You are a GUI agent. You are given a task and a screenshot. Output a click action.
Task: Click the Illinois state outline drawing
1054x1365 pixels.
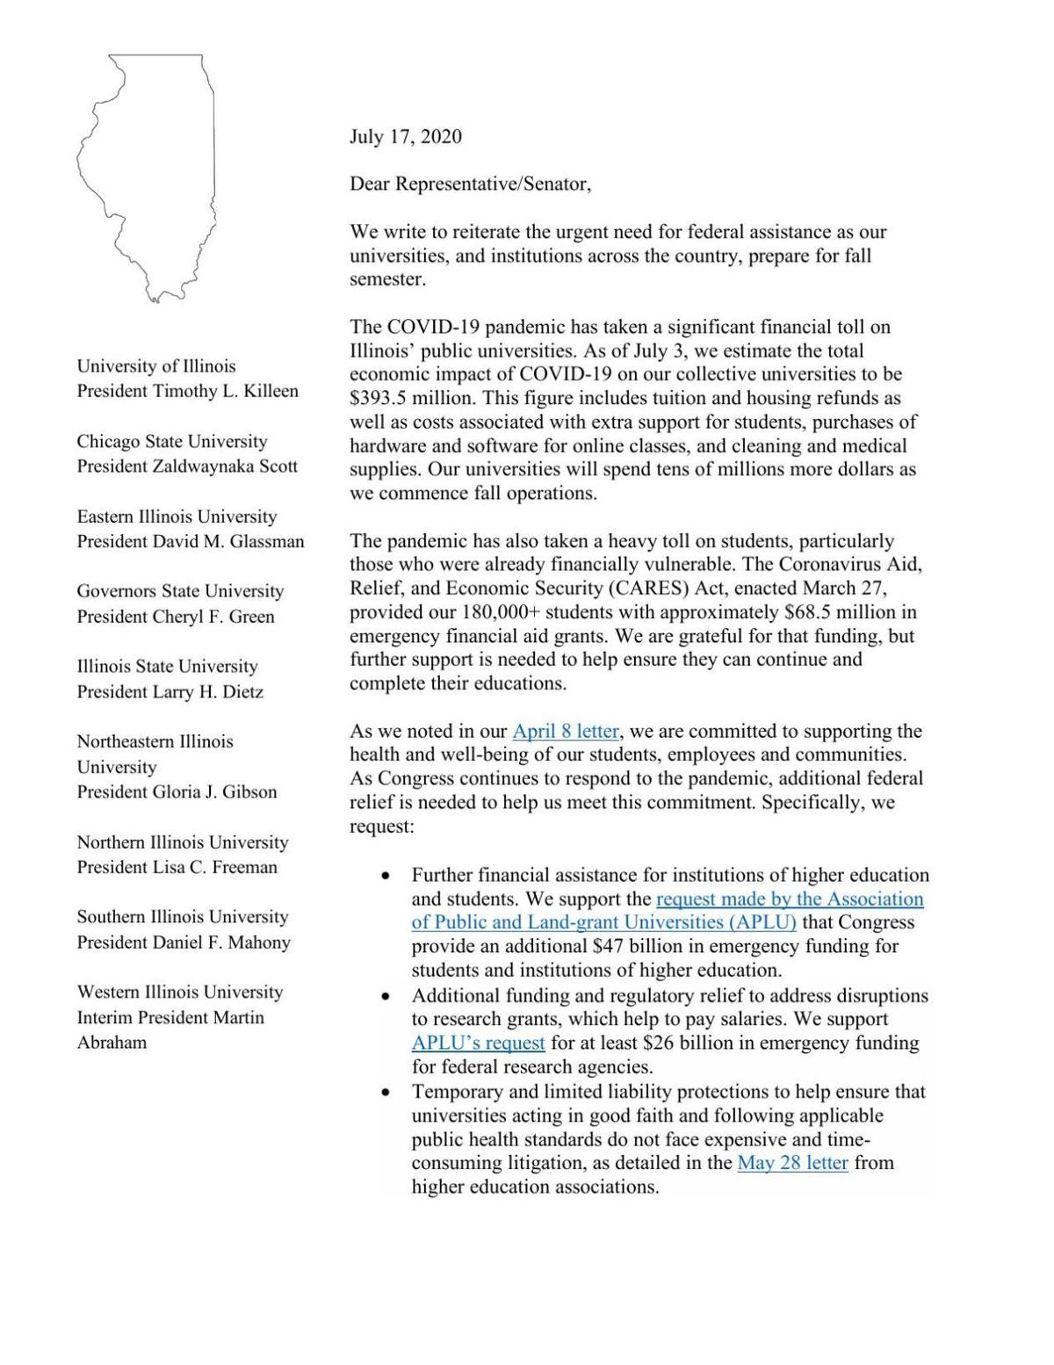(147, 176)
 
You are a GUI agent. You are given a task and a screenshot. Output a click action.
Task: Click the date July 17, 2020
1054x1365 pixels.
(405, 136)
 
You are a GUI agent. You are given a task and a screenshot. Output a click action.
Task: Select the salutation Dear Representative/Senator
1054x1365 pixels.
(470, 184)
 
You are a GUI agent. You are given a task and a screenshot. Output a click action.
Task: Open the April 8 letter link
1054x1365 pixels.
(566, 731)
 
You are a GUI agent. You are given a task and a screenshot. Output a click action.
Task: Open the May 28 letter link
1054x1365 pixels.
(792, 1163)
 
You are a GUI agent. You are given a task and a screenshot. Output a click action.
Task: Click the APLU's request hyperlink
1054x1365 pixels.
(478, 1044)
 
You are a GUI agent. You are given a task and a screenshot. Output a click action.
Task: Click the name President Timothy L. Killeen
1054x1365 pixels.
(187, 391)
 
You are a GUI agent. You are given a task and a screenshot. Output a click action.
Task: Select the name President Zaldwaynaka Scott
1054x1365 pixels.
(187, 466)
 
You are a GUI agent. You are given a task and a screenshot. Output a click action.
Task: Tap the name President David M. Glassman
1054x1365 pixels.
(190, 541)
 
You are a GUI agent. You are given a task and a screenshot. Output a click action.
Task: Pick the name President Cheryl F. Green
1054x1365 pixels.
(176, 617)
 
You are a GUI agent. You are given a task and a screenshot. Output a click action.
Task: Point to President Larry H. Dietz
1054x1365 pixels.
(170, 692)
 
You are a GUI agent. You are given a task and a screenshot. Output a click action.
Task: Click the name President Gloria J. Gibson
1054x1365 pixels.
(177, 791)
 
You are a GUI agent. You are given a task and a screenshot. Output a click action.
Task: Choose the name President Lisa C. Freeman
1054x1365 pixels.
(177, 867)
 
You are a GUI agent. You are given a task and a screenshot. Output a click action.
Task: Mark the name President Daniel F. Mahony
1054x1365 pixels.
(183, 942)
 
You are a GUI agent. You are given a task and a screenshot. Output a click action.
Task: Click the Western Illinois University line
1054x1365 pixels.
(179, 992)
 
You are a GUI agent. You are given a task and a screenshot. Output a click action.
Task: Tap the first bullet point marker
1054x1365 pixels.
(385, 876)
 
